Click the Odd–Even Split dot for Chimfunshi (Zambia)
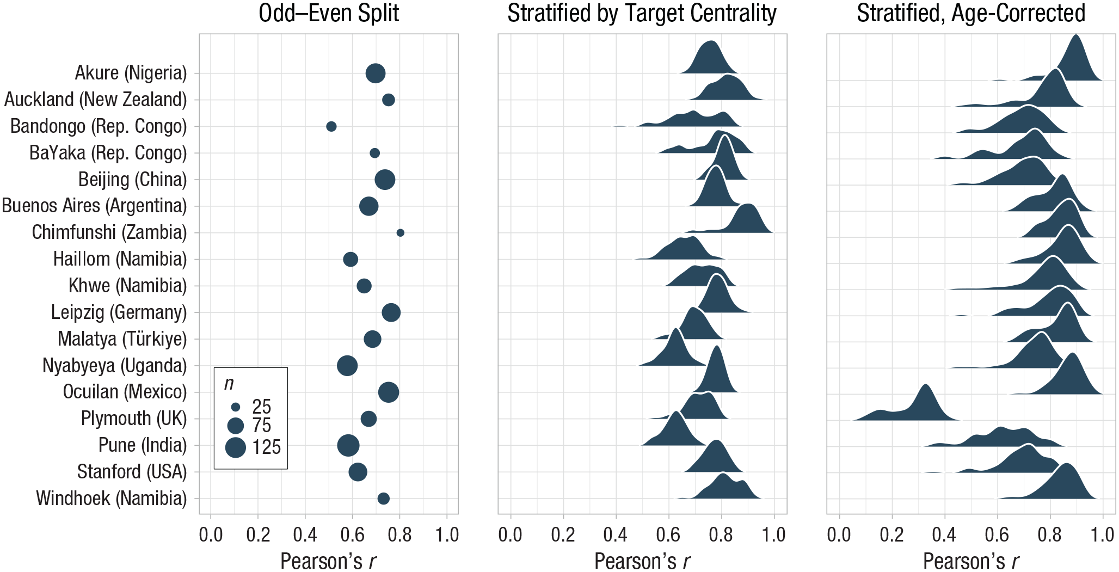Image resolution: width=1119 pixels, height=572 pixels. click(400, 233)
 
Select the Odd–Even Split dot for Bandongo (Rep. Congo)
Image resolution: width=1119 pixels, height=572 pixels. click(331, 126)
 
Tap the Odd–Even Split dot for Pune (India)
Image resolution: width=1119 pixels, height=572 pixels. click(348, 445)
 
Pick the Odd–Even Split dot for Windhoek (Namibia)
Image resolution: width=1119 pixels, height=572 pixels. click(383, 499)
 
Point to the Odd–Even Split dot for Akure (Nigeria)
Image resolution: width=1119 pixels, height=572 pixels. click(376, 73)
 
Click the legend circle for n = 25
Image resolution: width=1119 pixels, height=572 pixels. click(236, 407)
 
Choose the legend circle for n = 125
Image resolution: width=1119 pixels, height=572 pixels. click(236, 447)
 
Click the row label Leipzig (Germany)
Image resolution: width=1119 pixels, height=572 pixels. click(119, 312)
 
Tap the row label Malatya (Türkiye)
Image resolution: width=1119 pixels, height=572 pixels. click(122, 339)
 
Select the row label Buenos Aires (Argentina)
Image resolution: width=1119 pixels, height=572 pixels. click(94, 206)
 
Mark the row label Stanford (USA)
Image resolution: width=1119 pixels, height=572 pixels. click(132, 472)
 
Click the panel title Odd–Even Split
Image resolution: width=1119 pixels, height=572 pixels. click(329, 13)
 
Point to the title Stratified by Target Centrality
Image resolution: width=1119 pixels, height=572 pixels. click(642, 14)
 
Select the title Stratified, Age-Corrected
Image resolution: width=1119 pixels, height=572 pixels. click(971, 14)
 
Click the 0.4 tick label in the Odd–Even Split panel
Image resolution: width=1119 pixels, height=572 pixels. click(305, 535)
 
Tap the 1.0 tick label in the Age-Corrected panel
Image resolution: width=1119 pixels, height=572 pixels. click(1103, 535)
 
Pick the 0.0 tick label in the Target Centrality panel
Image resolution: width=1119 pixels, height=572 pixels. click(511, 535)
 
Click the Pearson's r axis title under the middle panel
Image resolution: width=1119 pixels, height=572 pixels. click(642, 561)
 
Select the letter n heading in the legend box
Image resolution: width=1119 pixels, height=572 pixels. click(229, 384)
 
